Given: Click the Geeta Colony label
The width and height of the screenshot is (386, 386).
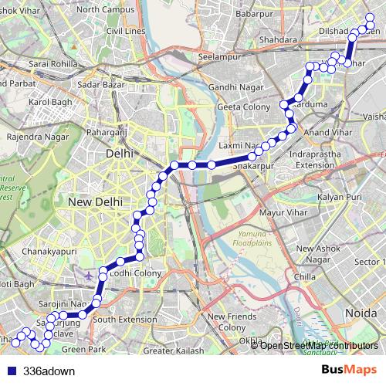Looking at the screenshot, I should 244,107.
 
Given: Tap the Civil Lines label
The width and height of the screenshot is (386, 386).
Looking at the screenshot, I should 125,31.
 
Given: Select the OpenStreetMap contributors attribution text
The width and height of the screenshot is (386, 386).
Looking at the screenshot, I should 320,345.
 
